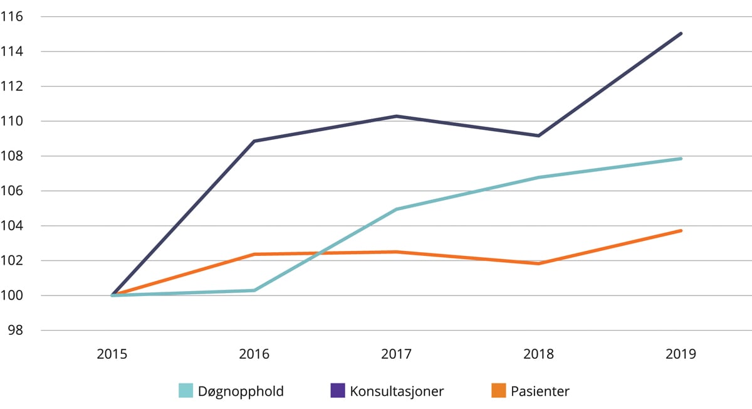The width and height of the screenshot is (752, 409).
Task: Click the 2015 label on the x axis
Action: pyautogui.click(x=112, y=354)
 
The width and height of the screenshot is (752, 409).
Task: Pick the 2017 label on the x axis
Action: pyautogui.click(x=396, y=354)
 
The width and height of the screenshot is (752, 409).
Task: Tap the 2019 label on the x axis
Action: pyautogui.click(x=681, y=354)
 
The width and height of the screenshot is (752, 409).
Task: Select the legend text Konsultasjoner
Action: pyautogui.click(x=397, y=391)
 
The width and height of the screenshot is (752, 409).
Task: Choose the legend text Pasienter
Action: pyautogui.click(x=540, y=391)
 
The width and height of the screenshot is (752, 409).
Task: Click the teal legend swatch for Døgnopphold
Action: pyautogui.click(x=186, y=391)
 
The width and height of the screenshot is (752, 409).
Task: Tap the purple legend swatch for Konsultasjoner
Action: pyautogui.click(x=338, y=391)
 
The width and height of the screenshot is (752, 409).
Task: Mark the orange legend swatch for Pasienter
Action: pyautogui.click(x=499, y=391)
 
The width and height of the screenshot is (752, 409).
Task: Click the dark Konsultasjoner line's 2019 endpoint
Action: pyautogui.click(x=681, y=34)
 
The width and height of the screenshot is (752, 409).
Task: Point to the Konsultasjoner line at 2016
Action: pyautogui.click(x=254, y=141)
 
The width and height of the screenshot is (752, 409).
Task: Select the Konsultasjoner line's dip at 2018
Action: pyautogui.click(x=538, y=135)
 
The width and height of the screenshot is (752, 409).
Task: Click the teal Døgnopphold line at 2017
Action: pyautogui.click(x=396, y=209)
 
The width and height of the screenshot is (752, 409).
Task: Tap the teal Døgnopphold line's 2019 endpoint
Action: pyautogui.click(x=681, y=159)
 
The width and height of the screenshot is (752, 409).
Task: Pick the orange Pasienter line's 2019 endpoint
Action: pyautogui.click(x=681, y=231)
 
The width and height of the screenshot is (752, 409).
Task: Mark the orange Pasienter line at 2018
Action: pyautogui.click(x=538, y=263)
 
